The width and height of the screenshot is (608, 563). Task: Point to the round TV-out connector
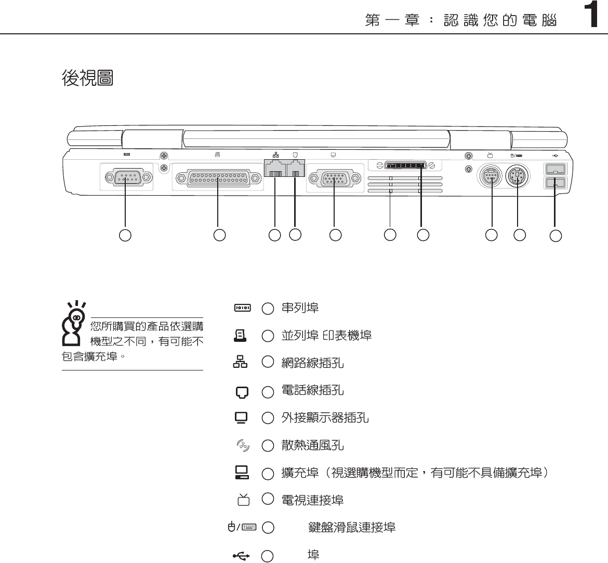(489, 177)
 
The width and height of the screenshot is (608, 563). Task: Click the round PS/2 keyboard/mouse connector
(518, 177)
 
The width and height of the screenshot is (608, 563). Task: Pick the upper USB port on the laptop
(554, 169)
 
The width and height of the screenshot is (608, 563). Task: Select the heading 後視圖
(87, 78)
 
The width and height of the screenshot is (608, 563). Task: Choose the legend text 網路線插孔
(312, 363)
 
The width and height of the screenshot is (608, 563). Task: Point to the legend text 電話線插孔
(312, 390)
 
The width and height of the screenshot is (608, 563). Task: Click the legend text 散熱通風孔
(312, 445)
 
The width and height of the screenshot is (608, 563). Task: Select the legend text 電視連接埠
(312, 501)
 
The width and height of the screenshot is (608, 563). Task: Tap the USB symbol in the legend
(242, 556)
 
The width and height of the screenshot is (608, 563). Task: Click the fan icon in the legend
(243, 445)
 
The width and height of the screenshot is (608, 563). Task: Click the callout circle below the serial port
(125, 235)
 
